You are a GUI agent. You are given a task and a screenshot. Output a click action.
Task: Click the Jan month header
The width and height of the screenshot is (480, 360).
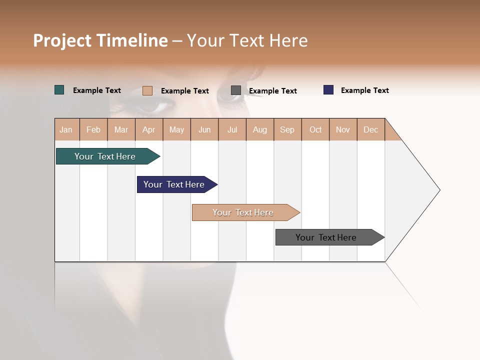click(66, 129)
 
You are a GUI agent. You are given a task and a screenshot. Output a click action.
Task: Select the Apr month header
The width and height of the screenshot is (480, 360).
click(149, 129)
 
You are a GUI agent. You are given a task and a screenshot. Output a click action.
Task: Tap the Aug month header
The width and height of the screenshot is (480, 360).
click(260, 129)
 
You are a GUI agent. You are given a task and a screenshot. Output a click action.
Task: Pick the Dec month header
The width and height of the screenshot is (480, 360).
click(370, 129)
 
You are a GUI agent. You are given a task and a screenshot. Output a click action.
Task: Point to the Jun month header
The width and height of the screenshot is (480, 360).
click(204, 129)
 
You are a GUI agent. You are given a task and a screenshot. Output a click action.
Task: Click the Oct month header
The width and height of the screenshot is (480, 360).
click(315, 129)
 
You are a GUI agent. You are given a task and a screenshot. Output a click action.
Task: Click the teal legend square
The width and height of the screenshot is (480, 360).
click(59, 90)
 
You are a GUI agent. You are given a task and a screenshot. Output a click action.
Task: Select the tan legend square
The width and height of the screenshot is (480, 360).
click(147, 90)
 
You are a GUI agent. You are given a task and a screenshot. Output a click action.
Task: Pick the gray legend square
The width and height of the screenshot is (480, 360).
click(236, 90)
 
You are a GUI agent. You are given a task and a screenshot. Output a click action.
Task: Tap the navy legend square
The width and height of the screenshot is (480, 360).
click(328, 90)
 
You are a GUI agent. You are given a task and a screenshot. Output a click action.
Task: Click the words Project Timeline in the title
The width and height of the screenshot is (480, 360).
click(100, 40)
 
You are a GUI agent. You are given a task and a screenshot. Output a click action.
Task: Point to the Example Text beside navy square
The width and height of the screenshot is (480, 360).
click(364, 90)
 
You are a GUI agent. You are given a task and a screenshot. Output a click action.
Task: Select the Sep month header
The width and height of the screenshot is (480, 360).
click(287, 129)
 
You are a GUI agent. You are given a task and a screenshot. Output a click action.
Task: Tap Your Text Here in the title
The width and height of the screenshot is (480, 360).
click(247, 40)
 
